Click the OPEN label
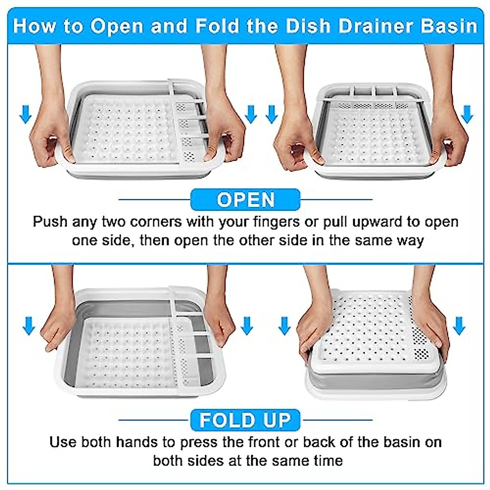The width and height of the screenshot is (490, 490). (245, 200)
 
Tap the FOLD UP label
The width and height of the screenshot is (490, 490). (245, 420)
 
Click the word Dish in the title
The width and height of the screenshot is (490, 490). (307, 25)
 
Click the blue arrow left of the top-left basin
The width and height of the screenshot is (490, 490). (25, 114)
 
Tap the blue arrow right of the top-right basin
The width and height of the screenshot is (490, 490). (467, 114)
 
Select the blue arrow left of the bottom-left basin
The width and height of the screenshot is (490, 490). (29, 326)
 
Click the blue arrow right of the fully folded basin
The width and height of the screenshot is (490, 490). (459, 326)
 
